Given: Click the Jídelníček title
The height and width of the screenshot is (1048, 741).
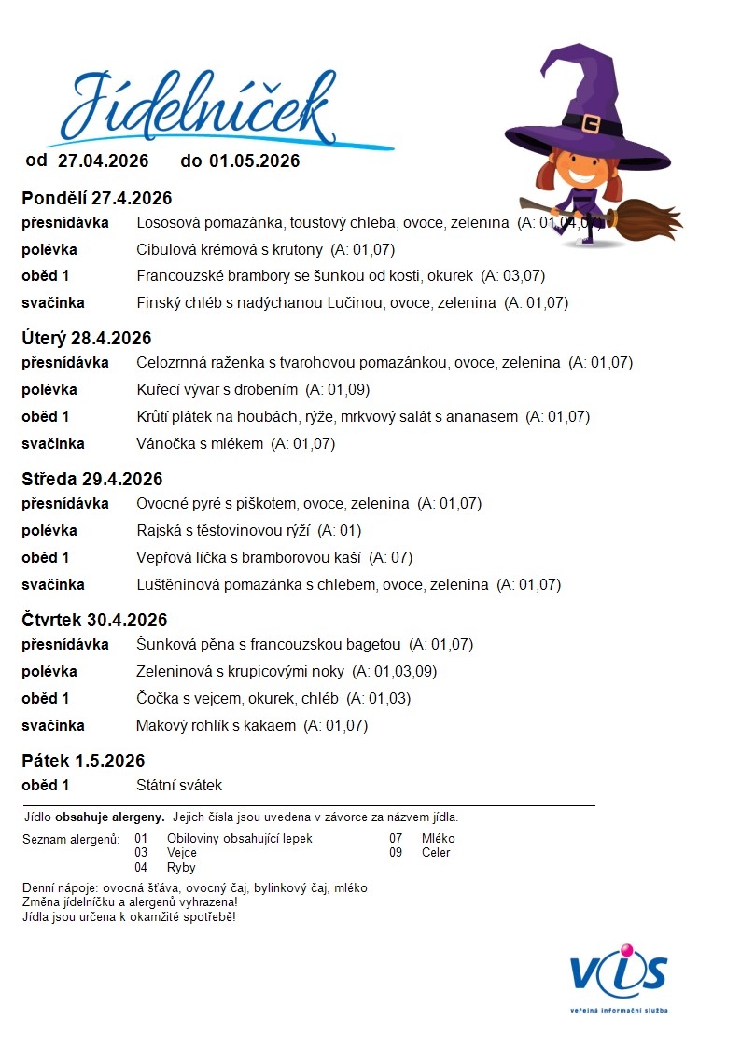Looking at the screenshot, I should tap(198, 105).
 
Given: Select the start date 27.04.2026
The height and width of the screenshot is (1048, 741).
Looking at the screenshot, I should tap(103, 161).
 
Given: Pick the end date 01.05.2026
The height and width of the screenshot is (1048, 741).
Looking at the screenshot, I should tap(254, 161).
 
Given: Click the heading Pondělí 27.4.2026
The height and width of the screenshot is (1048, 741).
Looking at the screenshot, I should tap(97, 198).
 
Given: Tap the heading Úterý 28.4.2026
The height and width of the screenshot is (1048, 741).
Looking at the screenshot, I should tap(87, 338).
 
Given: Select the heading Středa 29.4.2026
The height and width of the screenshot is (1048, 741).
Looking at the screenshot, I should tap(92, 479).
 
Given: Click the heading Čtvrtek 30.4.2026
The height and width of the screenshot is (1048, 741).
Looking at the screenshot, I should tap(94, 620).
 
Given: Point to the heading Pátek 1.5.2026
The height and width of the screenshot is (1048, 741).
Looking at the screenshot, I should tap(83, 761).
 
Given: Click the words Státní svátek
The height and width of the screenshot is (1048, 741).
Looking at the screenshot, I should tap(179, 786).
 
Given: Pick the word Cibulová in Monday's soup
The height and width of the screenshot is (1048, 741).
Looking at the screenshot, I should tap(165, 249).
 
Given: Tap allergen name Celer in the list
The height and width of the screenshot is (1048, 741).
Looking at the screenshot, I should tap(436, 852).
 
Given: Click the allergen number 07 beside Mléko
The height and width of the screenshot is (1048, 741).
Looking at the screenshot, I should tap(396, 838).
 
